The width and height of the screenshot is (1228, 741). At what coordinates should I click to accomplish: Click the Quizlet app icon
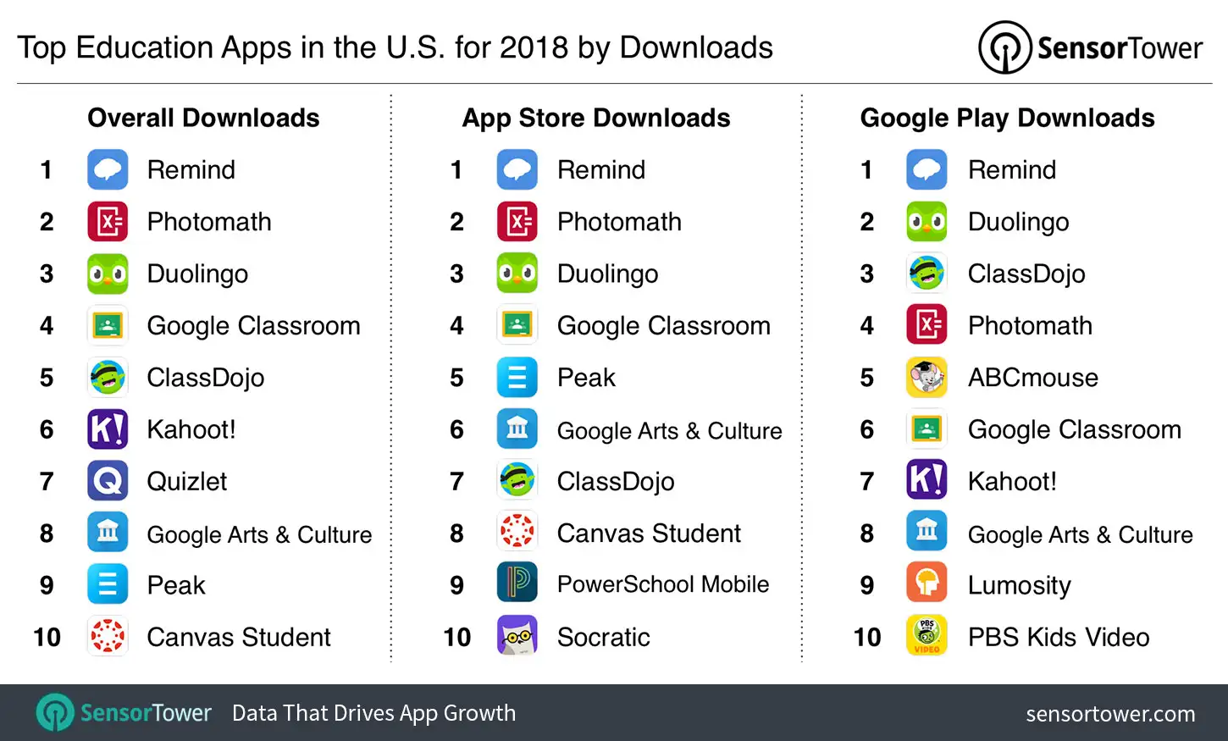108,481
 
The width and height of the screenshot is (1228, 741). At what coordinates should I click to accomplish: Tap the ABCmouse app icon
927,378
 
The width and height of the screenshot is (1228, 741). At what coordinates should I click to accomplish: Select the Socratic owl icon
517,636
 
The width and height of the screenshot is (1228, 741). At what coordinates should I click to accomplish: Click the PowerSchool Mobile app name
662,584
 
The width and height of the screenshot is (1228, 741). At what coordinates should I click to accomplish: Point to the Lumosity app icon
927,584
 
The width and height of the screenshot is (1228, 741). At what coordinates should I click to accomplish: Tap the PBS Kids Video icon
927,636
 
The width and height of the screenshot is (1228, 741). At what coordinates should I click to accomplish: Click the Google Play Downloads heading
1007,118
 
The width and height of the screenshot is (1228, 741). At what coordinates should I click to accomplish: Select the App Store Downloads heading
596,118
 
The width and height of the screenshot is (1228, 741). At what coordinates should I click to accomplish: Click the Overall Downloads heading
203,118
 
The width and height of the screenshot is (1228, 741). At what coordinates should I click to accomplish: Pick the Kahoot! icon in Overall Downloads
108,429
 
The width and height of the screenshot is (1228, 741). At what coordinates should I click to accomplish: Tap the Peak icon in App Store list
517,378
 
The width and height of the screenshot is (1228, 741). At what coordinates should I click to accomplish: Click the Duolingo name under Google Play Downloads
1018,222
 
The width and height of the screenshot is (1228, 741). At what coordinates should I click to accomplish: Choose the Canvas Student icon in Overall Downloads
108,636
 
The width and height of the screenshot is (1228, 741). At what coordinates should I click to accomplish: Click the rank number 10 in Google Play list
867,637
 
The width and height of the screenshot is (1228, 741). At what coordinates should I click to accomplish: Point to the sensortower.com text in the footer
1110,714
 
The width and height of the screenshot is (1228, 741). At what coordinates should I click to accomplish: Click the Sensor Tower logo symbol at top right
1004,47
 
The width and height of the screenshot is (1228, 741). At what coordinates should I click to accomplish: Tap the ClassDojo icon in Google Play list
927,274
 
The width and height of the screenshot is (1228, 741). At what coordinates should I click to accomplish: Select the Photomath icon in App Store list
517,222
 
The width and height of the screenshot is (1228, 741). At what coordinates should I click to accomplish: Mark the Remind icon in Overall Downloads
108,169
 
